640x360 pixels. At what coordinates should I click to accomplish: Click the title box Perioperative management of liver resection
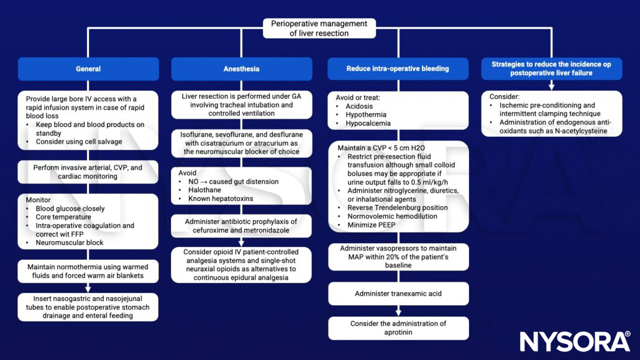coord(319,29)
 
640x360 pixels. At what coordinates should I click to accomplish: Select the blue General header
coord(88,69)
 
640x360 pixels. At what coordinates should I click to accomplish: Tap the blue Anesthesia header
coord(241,69)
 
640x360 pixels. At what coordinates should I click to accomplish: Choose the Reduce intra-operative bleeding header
coord(398,69)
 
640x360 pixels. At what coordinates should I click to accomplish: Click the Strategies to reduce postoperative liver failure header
coord(551,68)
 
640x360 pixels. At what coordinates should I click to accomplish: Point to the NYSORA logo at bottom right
coord(575,342)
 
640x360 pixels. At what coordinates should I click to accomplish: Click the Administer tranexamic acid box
coord(398,293)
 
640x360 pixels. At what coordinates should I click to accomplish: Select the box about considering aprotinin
coord(398,328)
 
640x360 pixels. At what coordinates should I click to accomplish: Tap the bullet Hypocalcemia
coord(369,124)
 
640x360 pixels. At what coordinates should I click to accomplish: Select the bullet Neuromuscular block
coord(70,243)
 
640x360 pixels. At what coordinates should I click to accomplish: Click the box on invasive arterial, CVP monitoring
coord(88,172)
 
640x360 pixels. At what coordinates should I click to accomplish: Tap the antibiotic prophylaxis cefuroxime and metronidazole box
coord(241,226)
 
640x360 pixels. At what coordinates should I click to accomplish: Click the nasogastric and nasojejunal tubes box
coord(88,307)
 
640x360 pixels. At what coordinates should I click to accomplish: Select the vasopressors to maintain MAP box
coord(398,257)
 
